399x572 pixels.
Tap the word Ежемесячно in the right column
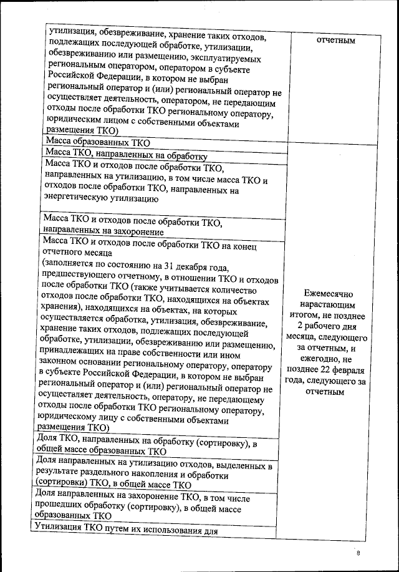[329, 293]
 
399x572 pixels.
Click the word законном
[64, 363]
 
